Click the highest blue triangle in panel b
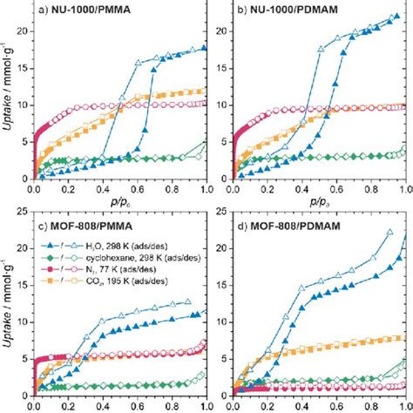click(399, 16)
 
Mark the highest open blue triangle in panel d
click(389, 233)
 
